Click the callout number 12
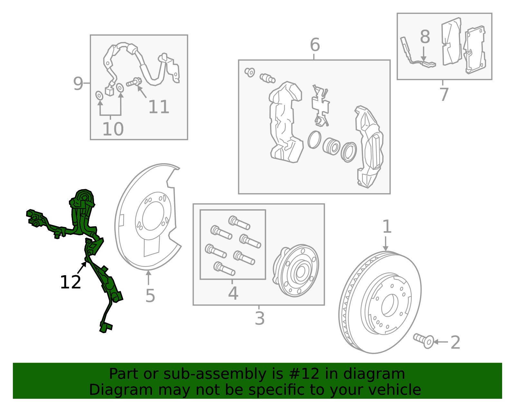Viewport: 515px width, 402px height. [70, 282]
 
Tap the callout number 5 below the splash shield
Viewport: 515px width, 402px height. [150, 296]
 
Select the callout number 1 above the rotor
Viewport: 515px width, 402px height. [387, 227]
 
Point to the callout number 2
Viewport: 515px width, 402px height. [455, 342]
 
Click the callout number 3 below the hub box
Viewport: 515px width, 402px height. [259, 318]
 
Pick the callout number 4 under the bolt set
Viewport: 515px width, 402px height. [233, 293]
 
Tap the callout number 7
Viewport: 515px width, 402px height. [444, 94]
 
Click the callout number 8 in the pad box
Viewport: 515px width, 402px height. [425, 37]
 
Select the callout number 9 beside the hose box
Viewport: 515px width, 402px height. [78, 83]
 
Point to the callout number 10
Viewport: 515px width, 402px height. [113, 129]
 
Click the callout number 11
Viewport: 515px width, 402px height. [159, 107]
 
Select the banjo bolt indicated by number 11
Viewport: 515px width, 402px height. [134, 82]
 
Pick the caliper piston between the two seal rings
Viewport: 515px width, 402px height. [331, 146]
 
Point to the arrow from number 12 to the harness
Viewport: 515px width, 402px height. [82, 268]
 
